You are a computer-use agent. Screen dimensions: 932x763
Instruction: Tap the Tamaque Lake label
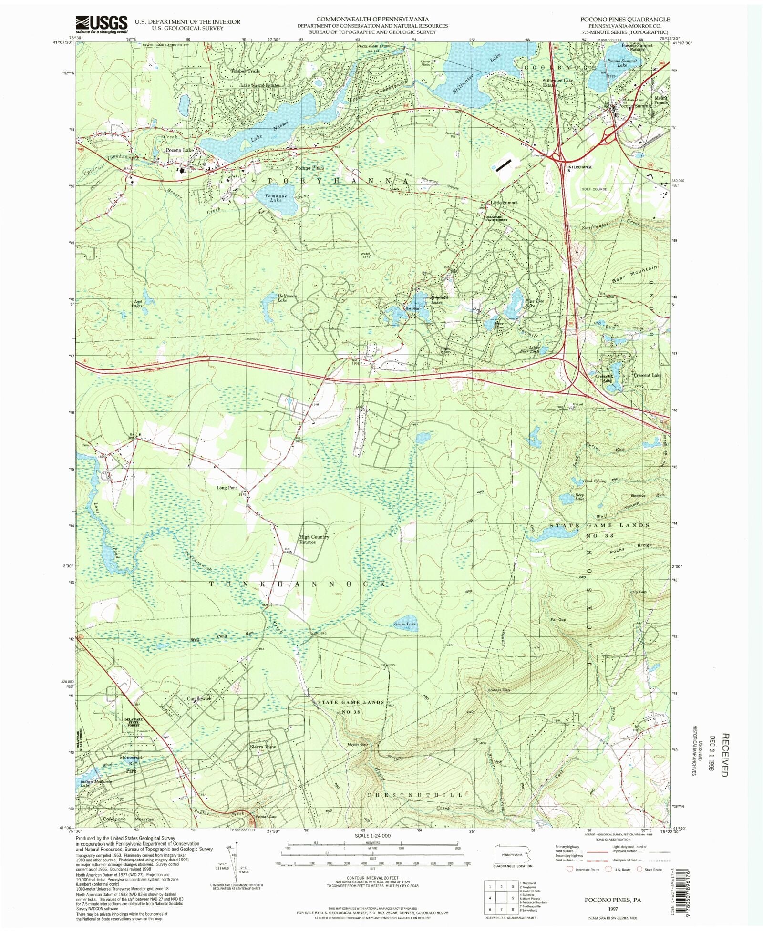point(273,198)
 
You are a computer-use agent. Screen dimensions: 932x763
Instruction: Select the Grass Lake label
point(404,624)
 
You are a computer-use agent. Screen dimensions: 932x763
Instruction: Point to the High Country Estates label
point(314,539)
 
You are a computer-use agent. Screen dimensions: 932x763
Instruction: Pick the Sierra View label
point(263,747)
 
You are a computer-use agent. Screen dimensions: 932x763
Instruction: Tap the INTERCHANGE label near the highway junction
point(579,167)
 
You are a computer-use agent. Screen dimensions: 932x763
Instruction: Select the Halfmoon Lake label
point(287,298)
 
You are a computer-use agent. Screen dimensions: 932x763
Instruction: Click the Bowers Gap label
point(498,690)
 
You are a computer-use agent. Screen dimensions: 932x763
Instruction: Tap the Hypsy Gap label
point(358,744)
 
